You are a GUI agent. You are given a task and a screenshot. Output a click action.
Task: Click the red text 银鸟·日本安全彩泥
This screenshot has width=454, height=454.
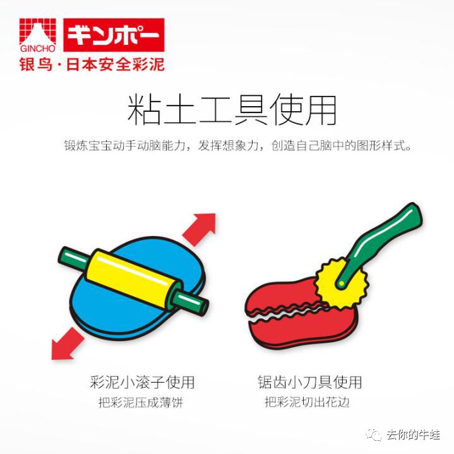(x=92, y=66)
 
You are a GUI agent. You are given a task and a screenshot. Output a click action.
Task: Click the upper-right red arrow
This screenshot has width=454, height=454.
(x=200, y=228)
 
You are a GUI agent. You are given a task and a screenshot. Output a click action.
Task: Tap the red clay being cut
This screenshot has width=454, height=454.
(x=297, y=328)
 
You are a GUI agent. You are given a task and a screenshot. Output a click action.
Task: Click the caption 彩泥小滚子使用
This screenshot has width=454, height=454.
(x=142, y=381)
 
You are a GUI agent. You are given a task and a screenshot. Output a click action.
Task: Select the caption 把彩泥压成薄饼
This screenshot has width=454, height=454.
(x=141, y=402)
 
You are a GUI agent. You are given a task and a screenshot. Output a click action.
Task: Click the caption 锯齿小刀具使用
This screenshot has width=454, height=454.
(x=309, y=381)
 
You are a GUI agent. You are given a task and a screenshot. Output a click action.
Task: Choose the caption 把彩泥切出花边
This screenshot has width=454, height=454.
(x=308, y=402)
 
